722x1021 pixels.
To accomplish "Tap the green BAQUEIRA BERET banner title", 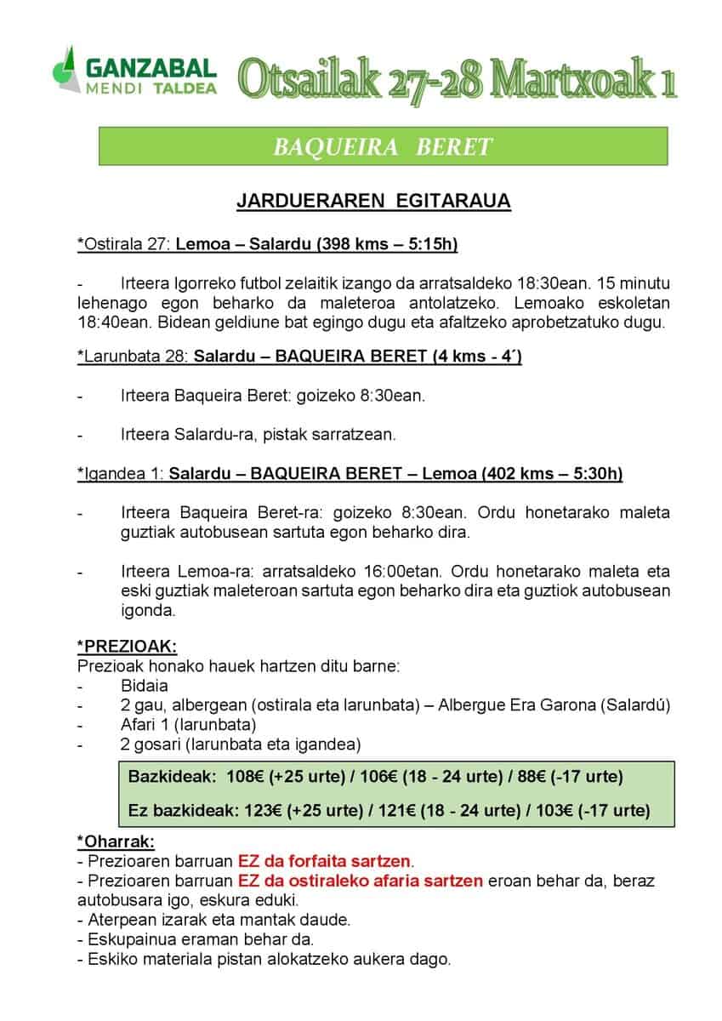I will [382, 146].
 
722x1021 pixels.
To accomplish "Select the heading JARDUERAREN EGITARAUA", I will [373, 202].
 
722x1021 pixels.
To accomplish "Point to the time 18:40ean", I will [108, 322].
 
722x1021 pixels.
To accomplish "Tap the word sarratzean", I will [356, 435].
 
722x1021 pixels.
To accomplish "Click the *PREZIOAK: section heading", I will [127, 646].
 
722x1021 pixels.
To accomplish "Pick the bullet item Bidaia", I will [145, 685].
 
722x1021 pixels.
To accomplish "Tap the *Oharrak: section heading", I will [116, 841].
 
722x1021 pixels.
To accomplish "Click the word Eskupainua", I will [129, 939].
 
